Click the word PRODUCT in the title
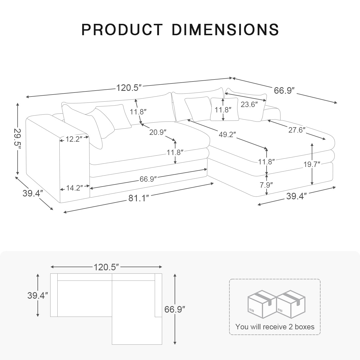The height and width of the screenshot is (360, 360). pos(122,30)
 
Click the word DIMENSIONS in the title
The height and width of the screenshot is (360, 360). pos(225,30)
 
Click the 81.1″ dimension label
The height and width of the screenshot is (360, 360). pos(139,198)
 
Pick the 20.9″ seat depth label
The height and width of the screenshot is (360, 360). pos(158,132)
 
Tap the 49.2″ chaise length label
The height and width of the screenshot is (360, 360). pos(228,134)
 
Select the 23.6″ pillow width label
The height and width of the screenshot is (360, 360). pos(249,104)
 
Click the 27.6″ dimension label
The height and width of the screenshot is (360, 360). pos(297,130)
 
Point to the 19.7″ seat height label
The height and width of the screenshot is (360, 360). pos(312,164)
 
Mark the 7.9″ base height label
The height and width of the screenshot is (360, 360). pos(266,185)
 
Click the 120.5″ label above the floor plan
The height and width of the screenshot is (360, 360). pos(106,267)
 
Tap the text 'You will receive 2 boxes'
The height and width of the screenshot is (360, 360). pos(275,327)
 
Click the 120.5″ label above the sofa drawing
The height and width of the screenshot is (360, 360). pos(129,88)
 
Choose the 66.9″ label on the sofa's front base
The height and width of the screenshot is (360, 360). pos(148,179)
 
